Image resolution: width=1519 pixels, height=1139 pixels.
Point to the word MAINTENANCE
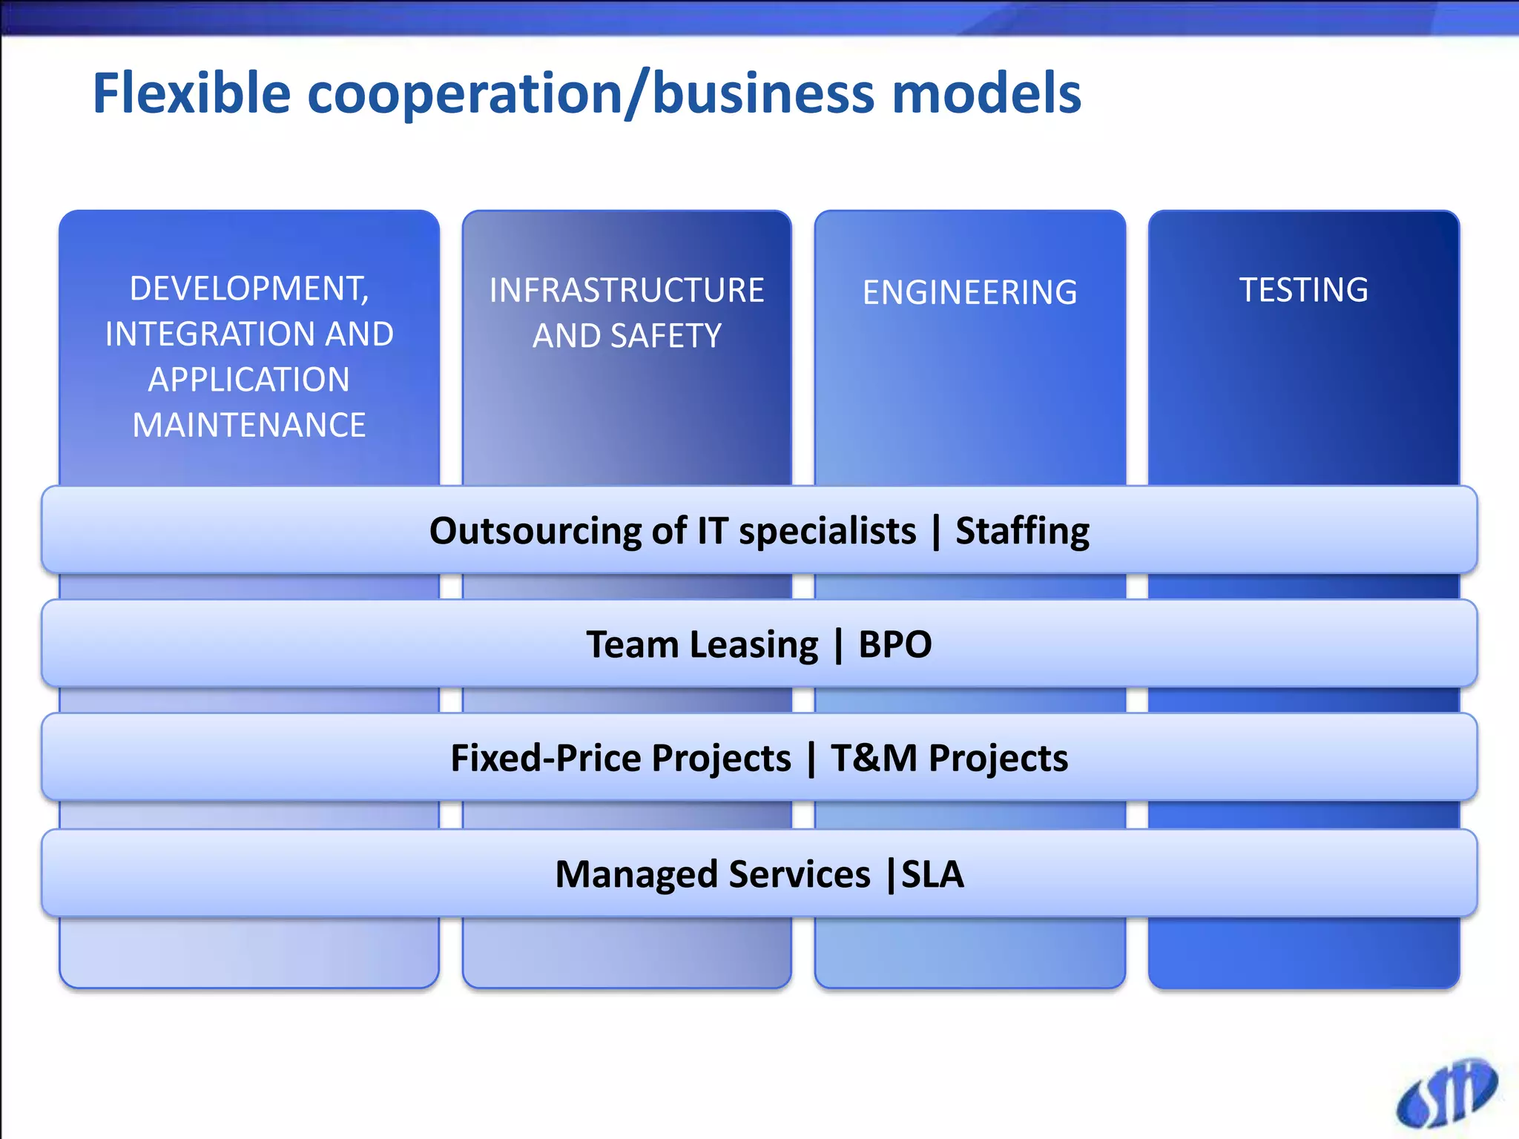click(249, 425)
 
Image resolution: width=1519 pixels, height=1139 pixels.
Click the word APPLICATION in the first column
click(249, 380)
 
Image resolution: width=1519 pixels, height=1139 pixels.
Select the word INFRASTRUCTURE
click(627, 290)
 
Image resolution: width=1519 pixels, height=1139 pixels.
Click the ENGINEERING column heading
click(969, 292)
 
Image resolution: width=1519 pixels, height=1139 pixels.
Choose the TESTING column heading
click(1303, 289)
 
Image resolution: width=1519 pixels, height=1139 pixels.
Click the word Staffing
click(1022, 531)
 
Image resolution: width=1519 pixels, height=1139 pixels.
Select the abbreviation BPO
click(894, 644)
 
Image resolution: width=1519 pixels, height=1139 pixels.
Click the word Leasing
click(754, 644)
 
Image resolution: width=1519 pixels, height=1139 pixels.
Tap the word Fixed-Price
click(620, 758)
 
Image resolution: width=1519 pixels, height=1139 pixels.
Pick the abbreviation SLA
click(932, 874)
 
